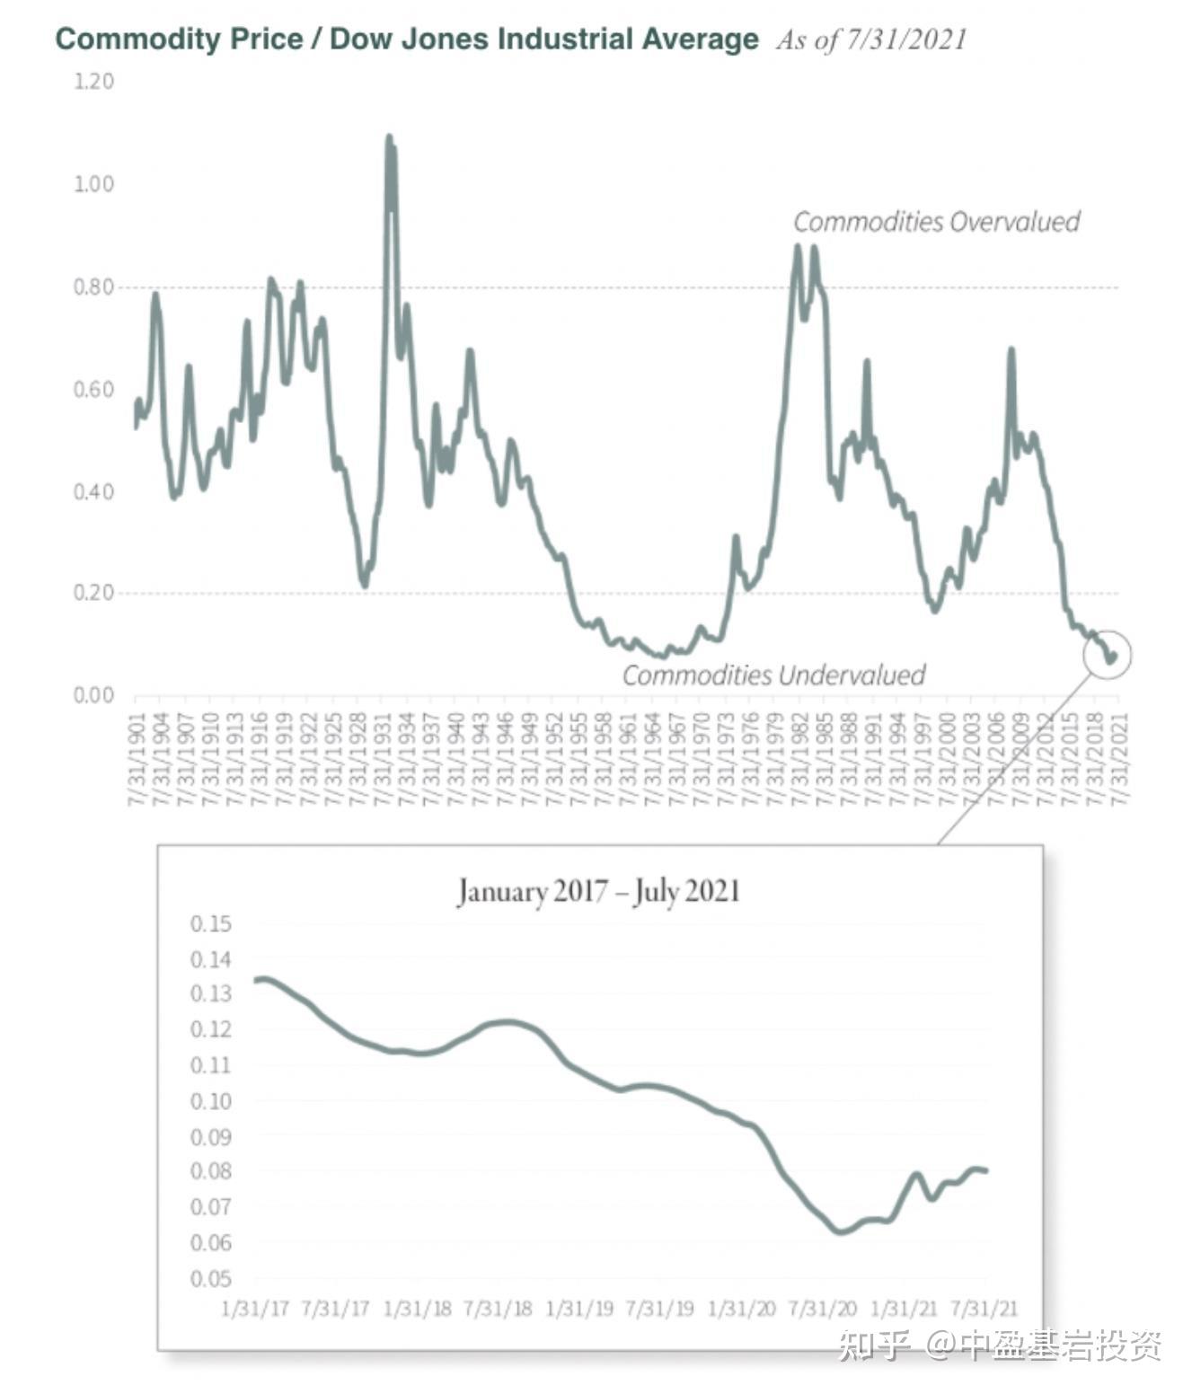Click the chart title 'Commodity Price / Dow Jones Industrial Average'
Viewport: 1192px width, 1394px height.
point(406,40)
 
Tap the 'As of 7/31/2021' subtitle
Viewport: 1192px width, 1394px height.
point(871,40)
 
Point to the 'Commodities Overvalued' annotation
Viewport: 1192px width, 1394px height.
point(936,222)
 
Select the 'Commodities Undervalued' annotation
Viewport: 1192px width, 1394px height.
point(773,675)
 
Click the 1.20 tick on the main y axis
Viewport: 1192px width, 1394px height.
point(93,82)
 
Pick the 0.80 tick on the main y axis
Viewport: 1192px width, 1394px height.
point(93,287)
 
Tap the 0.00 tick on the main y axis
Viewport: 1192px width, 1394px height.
point(93,695)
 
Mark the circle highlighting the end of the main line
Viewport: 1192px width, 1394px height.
point(1108,655)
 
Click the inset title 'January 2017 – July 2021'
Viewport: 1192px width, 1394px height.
point(598,892)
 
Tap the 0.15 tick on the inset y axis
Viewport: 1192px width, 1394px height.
point(210,924)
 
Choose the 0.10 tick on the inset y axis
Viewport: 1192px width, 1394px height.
point(210,1101)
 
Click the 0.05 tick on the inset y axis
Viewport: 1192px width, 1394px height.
point(210,1278)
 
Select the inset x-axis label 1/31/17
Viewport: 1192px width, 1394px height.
point(255,1308)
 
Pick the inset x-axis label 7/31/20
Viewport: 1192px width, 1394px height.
point(822,1308)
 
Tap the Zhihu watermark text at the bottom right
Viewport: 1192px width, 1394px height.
point(1000,1345)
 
